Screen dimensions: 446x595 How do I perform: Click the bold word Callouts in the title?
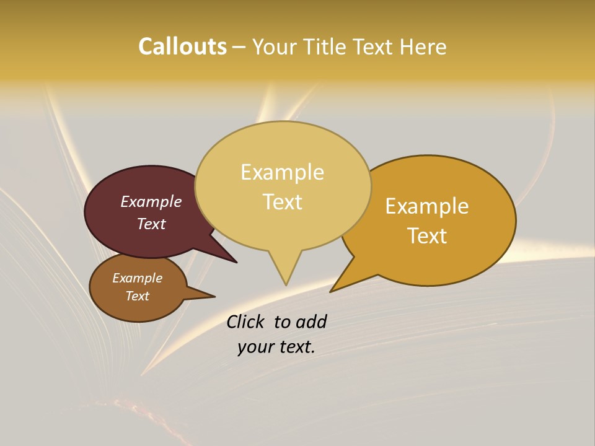tap(182, 46)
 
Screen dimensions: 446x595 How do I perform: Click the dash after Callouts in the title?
tap(239, 47)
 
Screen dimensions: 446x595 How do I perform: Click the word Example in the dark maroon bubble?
tap(151, 201)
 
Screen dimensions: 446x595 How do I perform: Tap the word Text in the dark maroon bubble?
tap(151, 224)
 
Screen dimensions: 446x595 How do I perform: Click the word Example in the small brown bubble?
tap(137, 278)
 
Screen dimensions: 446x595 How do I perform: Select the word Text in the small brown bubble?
tap(137, 296)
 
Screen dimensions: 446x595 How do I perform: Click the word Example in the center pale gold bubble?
tap(282, 172)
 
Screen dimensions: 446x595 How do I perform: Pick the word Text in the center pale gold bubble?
tap(282, 201)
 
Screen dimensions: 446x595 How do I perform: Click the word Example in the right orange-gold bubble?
tap(427, 206)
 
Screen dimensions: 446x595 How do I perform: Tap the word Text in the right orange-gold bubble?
tap(427, 235)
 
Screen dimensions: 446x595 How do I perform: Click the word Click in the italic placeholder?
tap(247, 321)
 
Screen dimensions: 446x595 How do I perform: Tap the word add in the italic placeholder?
tap(311, 321)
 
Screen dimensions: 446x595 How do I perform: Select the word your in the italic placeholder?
tap(255, 347)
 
